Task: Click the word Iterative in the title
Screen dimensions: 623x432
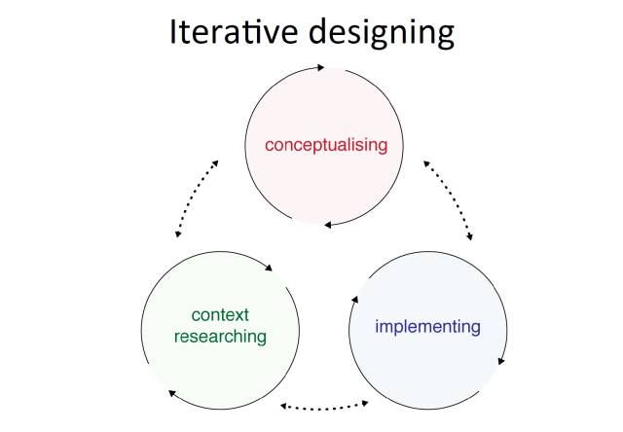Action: point(234,31)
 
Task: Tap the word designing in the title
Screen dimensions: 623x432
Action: point(382,33)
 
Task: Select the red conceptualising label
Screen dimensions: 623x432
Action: point(326,145)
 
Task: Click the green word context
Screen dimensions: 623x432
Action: point(220,315)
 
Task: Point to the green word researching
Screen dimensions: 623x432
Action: point(220,337)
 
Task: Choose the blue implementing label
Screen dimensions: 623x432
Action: point(428,327)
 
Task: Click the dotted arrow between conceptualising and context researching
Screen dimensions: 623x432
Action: point(196,198)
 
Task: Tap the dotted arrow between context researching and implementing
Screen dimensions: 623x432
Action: point(324,406)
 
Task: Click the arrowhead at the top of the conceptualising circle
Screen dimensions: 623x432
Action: point(320,67)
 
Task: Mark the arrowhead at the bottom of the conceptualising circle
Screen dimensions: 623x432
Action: point(328,225)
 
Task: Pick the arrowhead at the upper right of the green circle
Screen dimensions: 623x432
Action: point(269,268)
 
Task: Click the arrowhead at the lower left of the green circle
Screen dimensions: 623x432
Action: point(172,393)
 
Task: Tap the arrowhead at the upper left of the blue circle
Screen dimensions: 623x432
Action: point(354,300)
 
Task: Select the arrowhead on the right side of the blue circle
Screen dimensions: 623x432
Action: point(501,361)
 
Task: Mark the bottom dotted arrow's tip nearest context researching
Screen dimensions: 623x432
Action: point(281,406)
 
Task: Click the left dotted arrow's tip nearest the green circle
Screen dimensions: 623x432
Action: point(177,236)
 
